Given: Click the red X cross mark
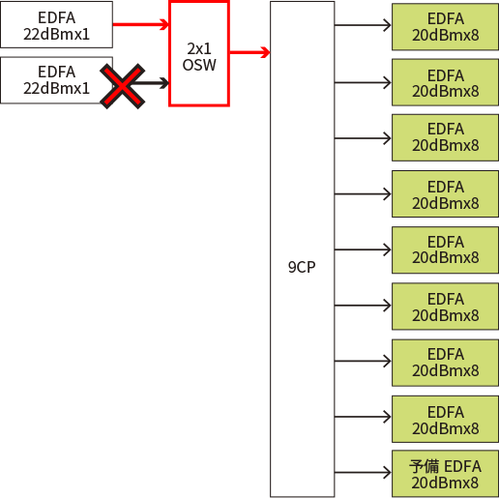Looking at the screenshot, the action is tap(123, 86).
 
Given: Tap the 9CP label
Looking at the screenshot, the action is tap(302, 267).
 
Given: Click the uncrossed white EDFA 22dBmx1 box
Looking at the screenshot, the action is tap(56, 25).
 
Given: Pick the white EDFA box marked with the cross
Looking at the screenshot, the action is tap(56, 80).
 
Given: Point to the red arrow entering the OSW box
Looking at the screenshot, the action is tap(141, 24).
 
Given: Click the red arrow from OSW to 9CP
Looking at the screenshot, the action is tap(249, 52).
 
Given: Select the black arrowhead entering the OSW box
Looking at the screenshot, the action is tap(163, 83).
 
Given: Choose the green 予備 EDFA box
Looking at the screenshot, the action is tap(445, 474).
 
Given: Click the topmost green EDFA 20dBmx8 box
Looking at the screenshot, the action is tap(445, 27).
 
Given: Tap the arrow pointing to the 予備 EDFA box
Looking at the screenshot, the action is tap(363, 473).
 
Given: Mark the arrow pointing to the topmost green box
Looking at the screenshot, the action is tap(363, 25).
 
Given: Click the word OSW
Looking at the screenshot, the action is tap(199, 65).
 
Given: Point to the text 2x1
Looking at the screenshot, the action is tap(199, 49).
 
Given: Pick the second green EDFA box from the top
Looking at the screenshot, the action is tap(445, 82).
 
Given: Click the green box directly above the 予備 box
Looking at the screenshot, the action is tap(445, 419).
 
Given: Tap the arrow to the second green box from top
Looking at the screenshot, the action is tap(363, 82).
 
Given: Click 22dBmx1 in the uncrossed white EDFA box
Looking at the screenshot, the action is tap(56, 34).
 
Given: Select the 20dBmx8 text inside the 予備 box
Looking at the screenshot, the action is tap(445, 483).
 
